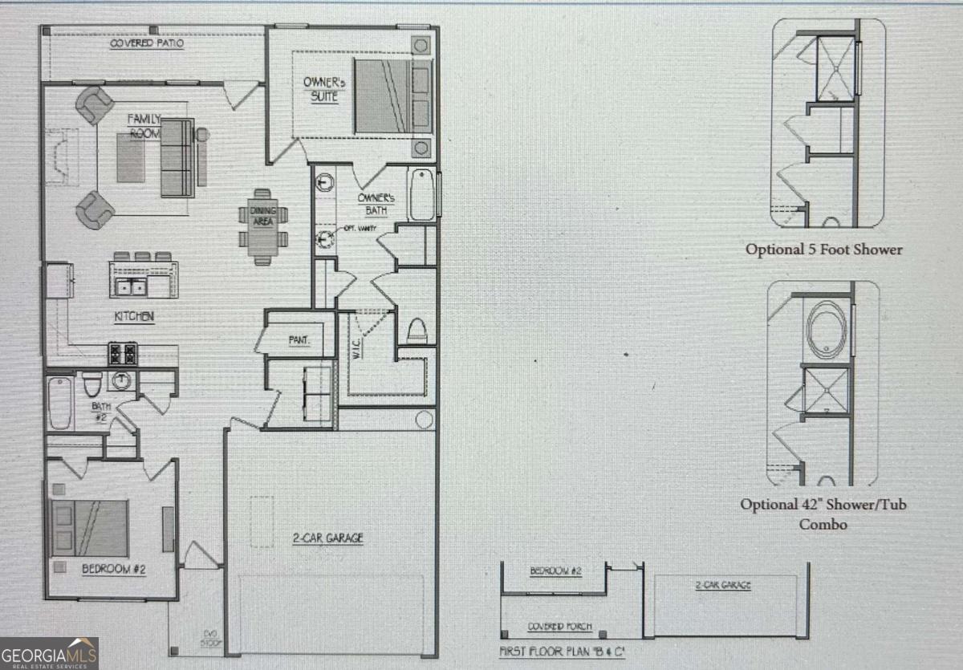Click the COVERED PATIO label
coord(147,43)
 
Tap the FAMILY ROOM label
coord(145,126)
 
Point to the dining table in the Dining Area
coord(262,226)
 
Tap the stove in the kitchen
coord(123,353)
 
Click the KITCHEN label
coord(133,317)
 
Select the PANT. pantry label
coord(299,340)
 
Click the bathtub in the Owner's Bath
coord(422,194)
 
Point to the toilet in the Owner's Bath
coord(416,331)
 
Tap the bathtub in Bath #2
coord(60,403)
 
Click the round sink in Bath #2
coord(121,380)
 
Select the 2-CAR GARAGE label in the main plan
coord(327,538)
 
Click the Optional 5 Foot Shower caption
coord(823,250)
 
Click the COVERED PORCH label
coord(559,627)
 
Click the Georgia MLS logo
coord(49,652)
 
